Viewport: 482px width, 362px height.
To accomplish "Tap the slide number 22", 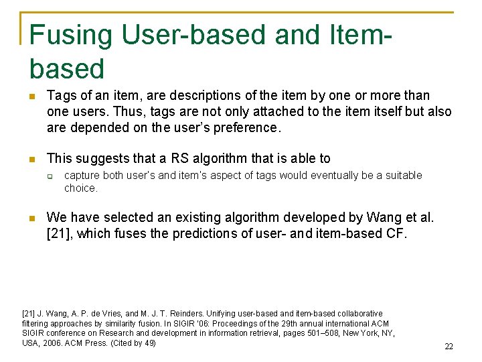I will click(449, 347).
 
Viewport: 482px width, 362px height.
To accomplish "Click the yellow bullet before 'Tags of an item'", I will click(30, 96).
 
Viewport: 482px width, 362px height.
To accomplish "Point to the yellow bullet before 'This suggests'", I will click(30, 160).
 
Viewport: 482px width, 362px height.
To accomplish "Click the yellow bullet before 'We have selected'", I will click(30, 218).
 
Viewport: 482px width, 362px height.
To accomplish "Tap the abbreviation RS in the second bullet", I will click(180, 159).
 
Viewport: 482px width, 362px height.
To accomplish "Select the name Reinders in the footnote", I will click(186, 314).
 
